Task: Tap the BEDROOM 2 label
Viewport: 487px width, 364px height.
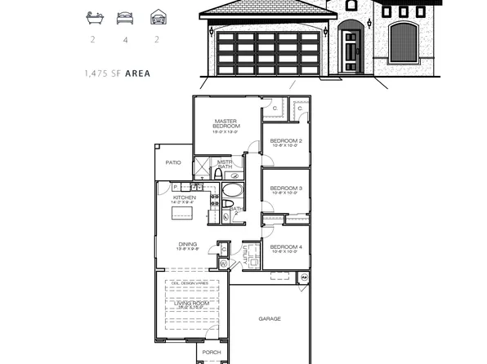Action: (x=286, y=140)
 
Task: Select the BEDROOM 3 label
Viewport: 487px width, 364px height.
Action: (x=286, y=189)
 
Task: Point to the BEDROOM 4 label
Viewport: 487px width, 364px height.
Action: (x=286, y=246)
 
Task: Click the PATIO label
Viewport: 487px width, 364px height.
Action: (x=173, y=162)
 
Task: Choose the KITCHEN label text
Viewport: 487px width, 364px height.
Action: (x=184, y=198)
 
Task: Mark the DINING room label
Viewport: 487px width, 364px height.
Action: (x=187, y=243)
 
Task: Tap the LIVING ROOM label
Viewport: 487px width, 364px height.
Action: (x=192, y=303)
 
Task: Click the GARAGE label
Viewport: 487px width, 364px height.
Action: (x=270, y=318)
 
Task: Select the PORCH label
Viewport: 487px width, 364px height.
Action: (x=212, y=353)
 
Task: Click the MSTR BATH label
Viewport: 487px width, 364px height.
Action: (x=225, y=164)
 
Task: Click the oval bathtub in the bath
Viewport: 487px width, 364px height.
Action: (x=231, y=192)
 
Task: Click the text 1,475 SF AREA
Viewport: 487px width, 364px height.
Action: (x=117, y=73)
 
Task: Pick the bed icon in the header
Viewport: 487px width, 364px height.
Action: (x=124, y=16)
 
